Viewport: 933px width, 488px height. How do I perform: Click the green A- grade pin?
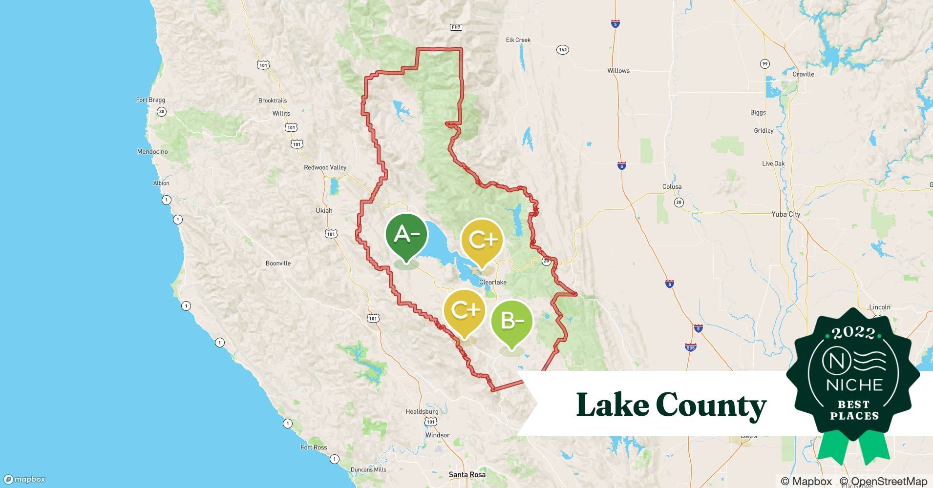tap(406, 236)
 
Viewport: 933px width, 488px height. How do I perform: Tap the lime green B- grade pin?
tap(511, 321)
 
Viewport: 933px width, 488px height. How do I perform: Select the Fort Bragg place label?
tap(150, 100)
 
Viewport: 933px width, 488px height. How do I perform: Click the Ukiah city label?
tap(324, 211)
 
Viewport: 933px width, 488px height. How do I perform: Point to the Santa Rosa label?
tap(467, 474)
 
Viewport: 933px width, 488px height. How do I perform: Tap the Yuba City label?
tap(785, 214)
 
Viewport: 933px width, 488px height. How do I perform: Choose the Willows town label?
tap(618, 71)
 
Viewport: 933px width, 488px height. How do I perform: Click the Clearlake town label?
tap(492, 282)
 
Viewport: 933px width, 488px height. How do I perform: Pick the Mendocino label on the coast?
tap(152, 152)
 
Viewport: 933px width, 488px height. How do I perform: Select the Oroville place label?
tap(803, 74)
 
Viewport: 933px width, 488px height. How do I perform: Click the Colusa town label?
tap(672, 187)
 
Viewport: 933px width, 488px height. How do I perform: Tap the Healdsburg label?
tap(422, 411)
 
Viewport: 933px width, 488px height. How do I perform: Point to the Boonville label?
tap(278, 264)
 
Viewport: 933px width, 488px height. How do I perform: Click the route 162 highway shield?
tap(562, 50)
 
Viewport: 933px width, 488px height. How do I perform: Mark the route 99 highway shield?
tap(765, 64)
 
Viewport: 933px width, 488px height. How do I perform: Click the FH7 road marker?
tap(456, 27)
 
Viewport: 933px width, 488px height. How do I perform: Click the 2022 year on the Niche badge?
tap(853, 333)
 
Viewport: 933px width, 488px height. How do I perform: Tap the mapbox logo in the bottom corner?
tap(25, 479)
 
